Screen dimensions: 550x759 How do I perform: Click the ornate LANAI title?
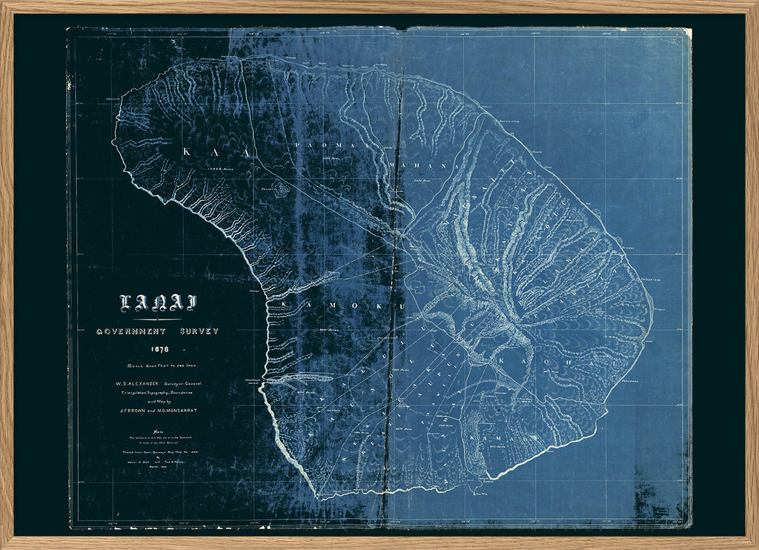pyautogui.click(x=158, y=303)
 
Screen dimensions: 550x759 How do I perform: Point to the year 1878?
pyautogui.click(x=159, y=349)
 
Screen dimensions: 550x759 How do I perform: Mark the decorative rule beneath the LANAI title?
pyautogui.click(x=157, y=319)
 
